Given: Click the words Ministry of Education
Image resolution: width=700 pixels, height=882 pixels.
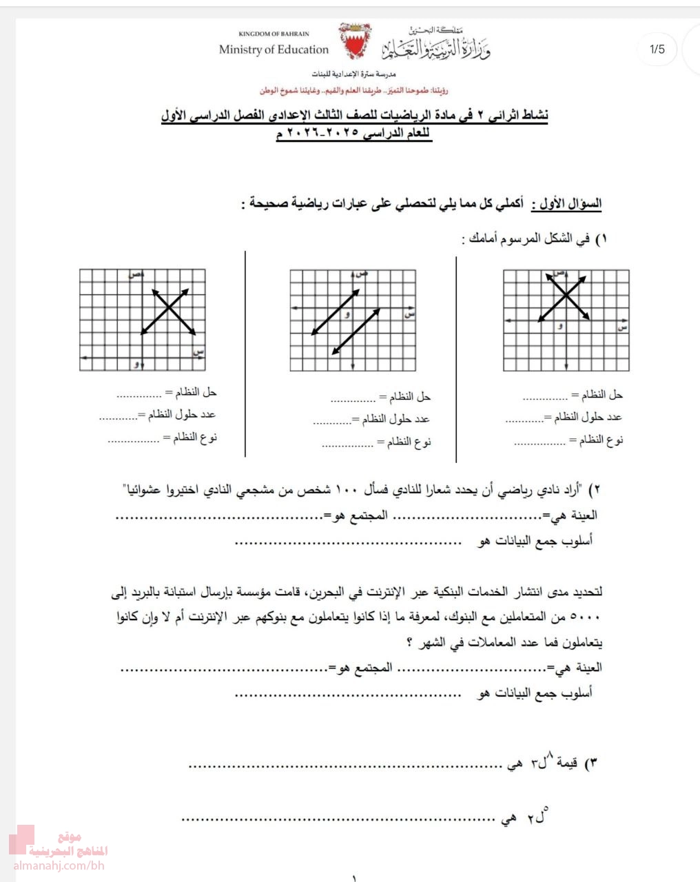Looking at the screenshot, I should coord(274,50).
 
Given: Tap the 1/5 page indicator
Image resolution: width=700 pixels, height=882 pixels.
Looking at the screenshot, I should coord(657,49).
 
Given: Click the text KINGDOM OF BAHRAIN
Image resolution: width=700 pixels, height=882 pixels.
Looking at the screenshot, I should coord(274,34).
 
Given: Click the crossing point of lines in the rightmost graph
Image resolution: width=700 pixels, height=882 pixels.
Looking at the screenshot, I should coord(566,296).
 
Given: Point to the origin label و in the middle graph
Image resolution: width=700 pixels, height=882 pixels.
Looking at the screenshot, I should coord(347,315).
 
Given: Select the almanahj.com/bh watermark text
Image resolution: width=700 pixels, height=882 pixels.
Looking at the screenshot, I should coord(59,865).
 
